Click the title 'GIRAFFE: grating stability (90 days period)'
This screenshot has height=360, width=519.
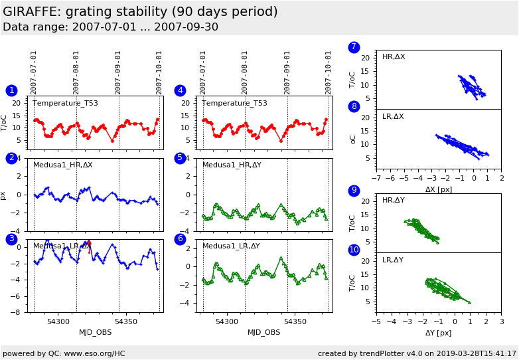point(140,12)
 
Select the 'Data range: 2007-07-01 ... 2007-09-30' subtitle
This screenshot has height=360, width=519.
point(110,27)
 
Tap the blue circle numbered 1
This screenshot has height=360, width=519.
point(11,90)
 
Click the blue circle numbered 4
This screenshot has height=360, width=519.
point(180,90)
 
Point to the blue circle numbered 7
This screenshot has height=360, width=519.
point(354,47)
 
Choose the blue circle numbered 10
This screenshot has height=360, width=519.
point(354,250)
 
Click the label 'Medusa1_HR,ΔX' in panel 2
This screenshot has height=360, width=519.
point(63,165)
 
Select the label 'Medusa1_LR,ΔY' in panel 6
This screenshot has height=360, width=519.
point(231,246)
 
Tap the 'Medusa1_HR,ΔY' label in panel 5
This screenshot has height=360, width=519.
point(232,165)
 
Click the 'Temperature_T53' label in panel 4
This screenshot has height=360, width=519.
point(234,104)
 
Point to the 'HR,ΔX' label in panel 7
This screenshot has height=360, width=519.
point(394,57)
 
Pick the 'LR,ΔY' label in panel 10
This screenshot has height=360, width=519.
point(394,260)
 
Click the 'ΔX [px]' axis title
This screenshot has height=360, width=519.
point(439,189)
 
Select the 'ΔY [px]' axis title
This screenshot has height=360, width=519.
point(439,333)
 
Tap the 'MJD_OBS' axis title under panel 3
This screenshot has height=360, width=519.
point(96,332)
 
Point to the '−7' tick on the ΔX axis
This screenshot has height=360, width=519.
point(376,179)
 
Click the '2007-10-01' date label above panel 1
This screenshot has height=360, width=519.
point(159,72)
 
